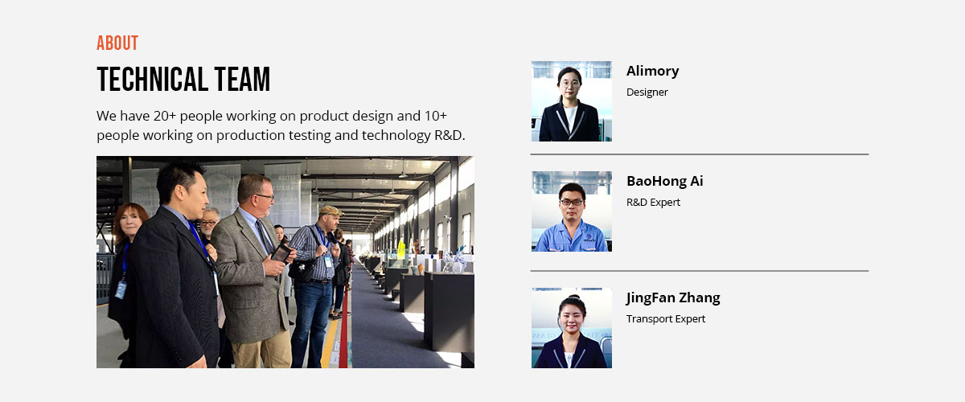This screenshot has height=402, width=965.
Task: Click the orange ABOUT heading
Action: [117, 43]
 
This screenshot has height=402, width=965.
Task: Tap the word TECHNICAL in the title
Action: [153, 80]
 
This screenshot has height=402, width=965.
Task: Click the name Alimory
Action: [653, 71]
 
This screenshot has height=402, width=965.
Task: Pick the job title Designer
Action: [647, 92]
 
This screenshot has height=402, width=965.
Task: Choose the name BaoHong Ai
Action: [665, 181]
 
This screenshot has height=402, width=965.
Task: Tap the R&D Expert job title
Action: [653, 202]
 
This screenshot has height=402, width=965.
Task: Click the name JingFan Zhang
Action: [673, 297]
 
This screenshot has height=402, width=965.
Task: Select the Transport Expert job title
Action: [666, 319]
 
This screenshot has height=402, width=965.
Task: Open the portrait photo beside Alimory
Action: [572, 101]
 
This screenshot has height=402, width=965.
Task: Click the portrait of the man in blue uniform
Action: [572, 211]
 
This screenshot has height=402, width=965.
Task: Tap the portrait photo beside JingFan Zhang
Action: [572, 328]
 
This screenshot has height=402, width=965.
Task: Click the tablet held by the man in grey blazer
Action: [281, 253]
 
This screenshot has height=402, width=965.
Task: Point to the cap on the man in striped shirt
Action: [331, 211]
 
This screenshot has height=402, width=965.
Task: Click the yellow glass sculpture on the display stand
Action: [401, 248]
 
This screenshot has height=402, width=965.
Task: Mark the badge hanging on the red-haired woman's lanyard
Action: [121, 289]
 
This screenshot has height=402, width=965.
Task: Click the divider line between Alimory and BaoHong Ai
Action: [700, 154]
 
